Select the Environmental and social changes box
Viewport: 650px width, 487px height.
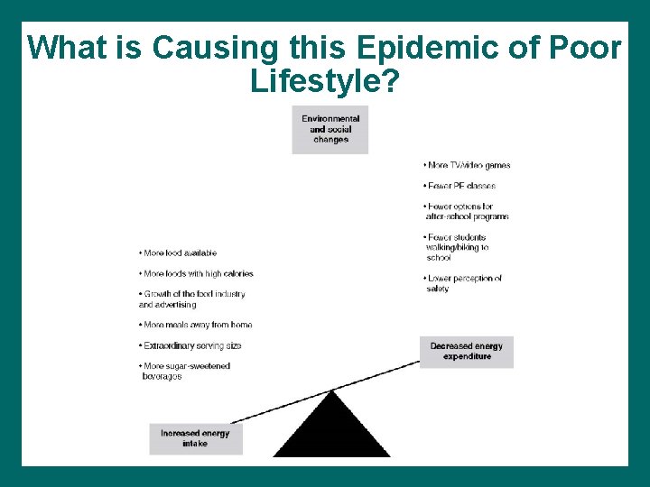click(x=330, y=129)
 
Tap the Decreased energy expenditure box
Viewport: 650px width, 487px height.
click(x=467, y=352)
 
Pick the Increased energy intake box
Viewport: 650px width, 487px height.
click(x=195, y=438)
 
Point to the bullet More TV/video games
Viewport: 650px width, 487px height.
click(x=468, y=165)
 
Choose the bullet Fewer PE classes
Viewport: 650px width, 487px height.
click(x=460, y=186)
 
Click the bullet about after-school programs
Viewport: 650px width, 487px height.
click(x=467, y=212)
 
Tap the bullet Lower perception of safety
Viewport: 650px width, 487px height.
click(x=463, y=283)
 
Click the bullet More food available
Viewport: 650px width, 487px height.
click(x=179, y=253)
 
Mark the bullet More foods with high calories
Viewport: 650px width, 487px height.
click(x=197, y=273)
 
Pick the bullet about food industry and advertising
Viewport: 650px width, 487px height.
click(x=192, y=299)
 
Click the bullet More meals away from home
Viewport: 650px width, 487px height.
click(x=196, y=325)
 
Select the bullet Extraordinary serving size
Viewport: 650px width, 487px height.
click(x=190, y=345)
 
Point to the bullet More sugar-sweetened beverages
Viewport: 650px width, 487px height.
click(x=185, y=371)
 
